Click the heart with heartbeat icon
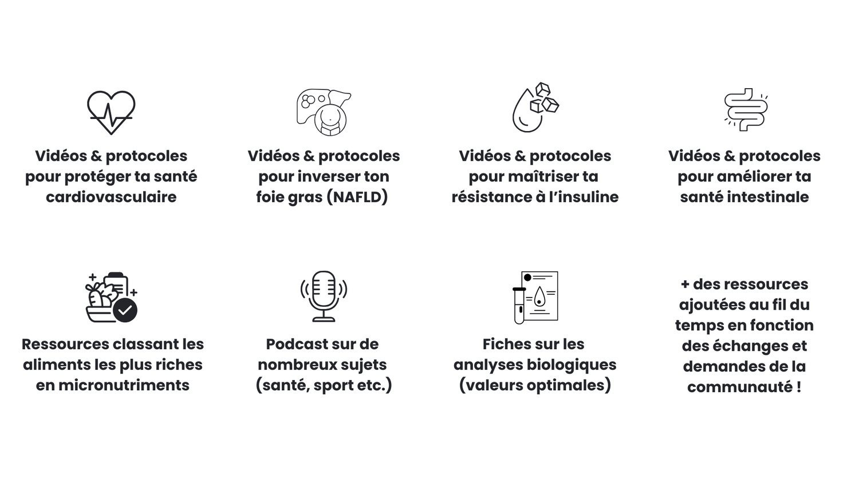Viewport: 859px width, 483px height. click(111, 112)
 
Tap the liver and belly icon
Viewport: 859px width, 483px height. click(324, 112)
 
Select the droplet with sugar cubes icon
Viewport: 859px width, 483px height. click(535, 108)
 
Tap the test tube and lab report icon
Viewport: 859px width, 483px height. click(535, 297)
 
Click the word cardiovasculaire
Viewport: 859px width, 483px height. click(111, 197)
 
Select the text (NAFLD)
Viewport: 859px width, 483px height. click(357, 197)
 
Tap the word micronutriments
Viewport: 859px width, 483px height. click(124, 385)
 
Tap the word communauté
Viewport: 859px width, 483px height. click(739, 387)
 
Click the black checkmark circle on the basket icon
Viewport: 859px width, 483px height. click(125, 311)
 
